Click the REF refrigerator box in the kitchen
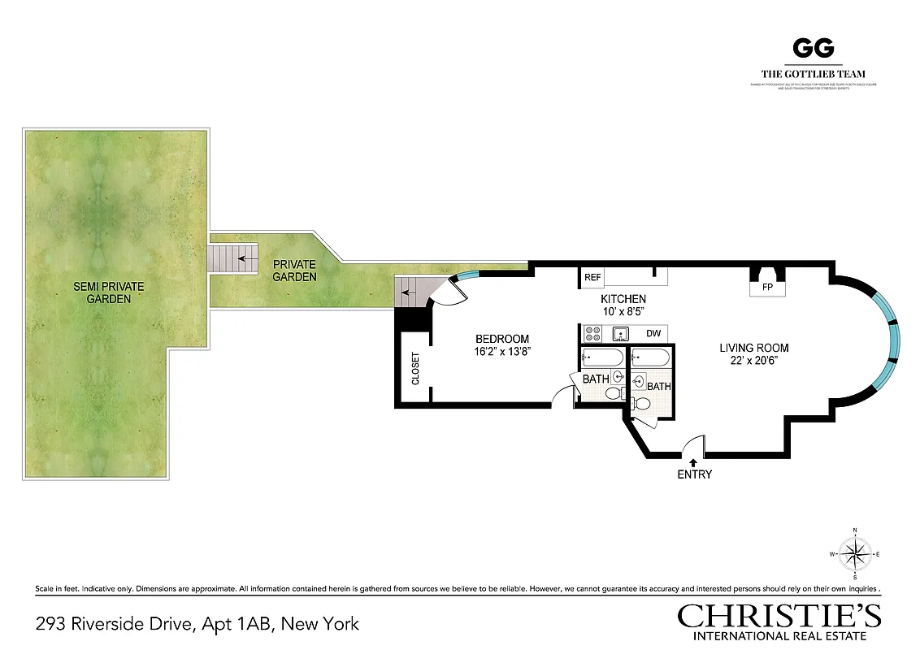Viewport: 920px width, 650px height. tap(592, 278)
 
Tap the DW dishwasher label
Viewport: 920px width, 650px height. tap(653, 333)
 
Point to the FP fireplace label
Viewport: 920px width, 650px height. tap(766, 288)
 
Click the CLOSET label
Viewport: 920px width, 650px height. tap(415, 368)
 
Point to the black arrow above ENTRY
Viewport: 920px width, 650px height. tap(693, 462)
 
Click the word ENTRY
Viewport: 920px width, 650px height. tap(694, 474)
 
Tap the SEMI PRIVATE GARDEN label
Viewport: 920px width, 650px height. tap(108, 292)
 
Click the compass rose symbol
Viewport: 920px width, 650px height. tap(854, 555)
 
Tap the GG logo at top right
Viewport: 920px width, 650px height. tap(813, 49)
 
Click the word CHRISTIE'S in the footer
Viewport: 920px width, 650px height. tap(779, 616)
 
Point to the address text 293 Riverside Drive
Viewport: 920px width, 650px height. tap(114, 624)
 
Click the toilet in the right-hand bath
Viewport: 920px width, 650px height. tap(641, 403)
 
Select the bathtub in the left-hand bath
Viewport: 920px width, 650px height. tap(602, 357)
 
